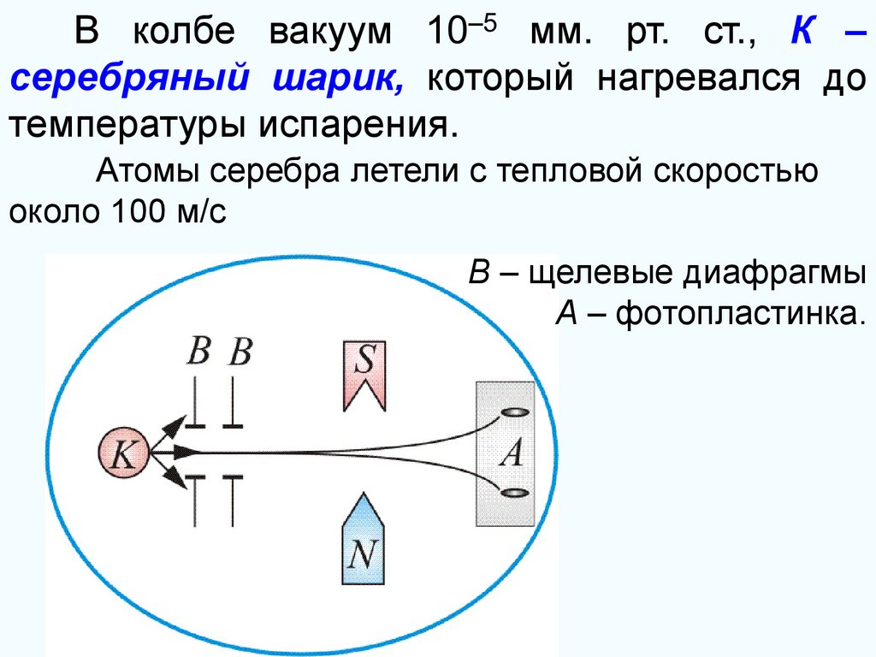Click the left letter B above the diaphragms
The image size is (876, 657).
point(198,352)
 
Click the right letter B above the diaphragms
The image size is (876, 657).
point(240,352)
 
